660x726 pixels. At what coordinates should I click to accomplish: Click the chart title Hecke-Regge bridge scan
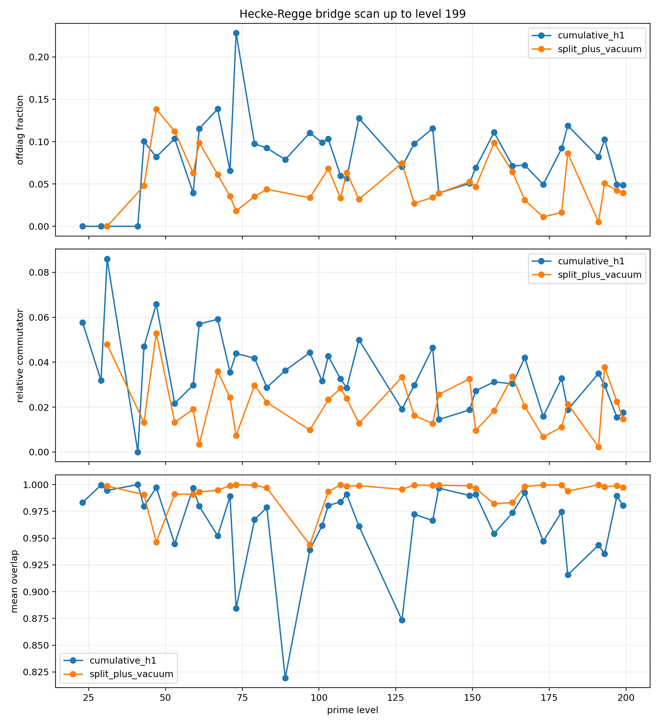click(x=352, y=14)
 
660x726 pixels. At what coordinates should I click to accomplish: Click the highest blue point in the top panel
click(x=236, y=33)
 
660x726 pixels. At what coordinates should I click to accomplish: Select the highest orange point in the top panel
click(x=156, y=109)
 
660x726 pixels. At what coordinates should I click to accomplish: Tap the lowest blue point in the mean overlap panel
click(x=285, y=678)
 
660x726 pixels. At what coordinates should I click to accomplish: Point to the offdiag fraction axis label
click(x=20, y=130)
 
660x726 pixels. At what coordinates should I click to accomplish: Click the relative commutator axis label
click(x=20, y=355)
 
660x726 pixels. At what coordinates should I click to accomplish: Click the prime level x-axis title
click(x=352, y=710)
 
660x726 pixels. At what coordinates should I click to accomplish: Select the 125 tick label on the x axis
click(x=395, y=697)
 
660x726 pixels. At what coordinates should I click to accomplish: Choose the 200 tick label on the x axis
click(x=626, y=697)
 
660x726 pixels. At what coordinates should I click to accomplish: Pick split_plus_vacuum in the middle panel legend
click(x=599, y=275)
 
